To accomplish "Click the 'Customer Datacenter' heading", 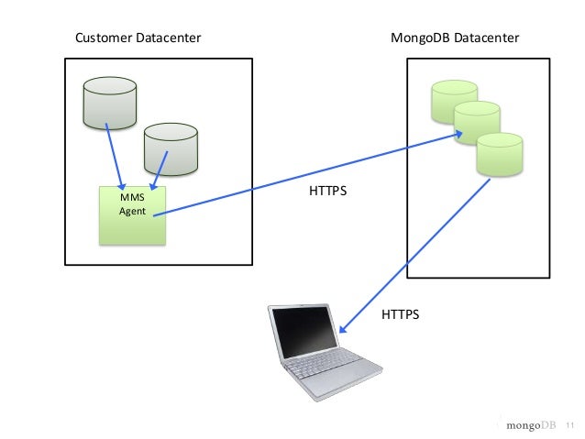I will pos(138,38).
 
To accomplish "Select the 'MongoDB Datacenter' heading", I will pos(455,38).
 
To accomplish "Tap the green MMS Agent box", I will pos(132,216).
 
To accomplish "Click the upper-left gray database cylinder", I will pos(109,103).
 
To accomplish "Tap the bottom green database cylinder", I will pos(499,154).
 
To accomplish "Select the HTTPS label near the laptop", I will pos(400,314).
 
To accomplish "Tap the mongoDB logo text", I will pos(531,425).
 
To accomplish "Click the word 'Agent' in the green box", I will pos(132,212).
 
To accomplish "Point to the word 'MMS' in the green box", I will pos(132,197).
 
